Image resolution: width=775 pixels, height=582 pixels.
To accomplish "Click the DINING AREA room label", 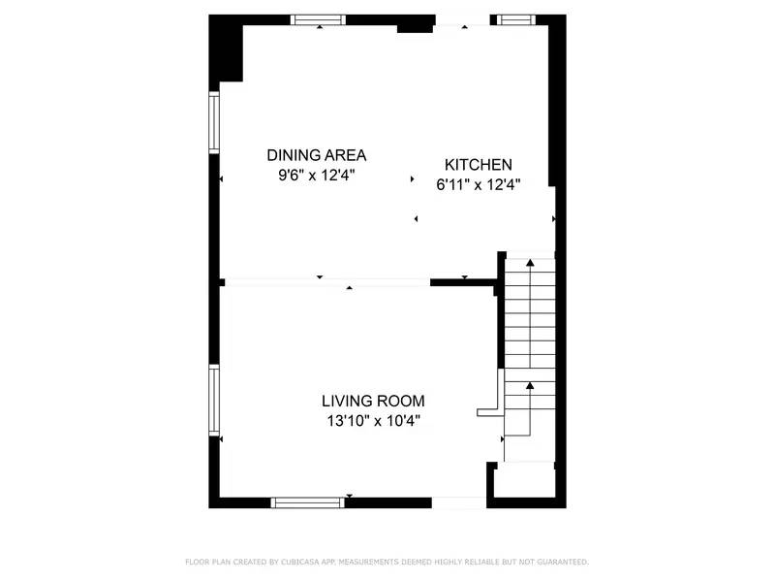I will (x=316, y=154).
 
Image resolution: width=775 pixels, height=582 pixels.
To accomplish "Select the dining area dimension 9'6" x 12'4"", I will (x=316, y=176).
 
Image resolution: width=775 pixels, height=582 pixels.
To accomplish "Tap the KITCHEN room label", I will (x=478, y=165).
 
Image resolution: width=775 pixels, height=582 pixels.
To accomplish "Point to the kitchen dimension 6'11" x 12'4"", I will (x=478, y=185).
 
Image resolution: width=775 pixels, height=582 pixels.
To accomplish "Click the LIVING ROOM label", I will (x=373, y=401).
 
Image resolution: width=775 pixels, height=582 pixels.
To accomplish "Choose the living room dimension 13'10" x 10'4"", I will (x=373, y=421).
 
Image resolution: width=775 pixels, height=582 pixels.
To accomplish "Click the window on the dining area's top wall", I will (x=318, y=19).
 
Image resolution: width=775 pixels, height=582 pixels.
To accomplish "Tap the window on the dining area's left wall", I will (x=215, y=122).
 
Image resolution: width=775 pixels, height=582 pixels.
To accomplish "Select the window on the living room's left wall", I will (x=215, y=399).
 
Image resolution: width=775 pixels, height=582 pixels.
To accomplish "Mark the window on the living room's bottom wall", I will (x=307, y=502).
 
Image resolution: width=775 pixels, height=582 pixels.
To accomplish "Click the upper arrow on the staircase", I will (x=530, y=263).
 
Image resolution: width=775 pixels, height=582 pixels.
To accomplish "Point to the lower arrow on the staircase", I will (x=530, y=386).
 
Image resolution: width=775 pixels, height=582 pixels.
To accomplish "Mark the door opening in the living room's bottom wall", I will (x=458, y=502).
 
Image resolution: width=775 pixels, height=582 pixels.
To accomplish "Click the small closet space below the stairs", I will (x=524, y=480).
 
